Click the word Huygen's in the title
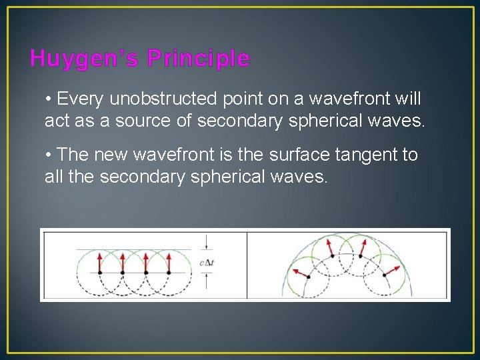[84, 59]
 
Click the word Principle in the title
[199, 59]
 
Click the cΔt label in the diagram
[207, 262]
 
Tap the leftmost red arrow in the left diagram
[100, 262]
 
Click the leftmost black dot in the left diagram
[100, 273]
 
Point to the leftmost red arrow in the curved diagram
[297, 273]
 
